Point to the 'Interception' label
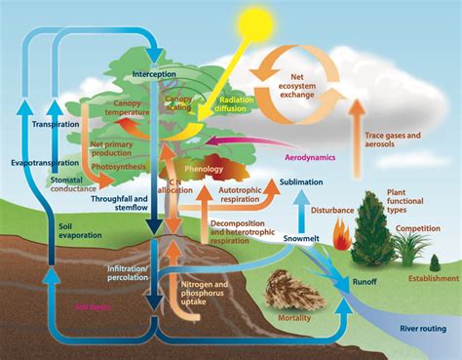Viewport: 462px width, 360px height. (x=153, y=73)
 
